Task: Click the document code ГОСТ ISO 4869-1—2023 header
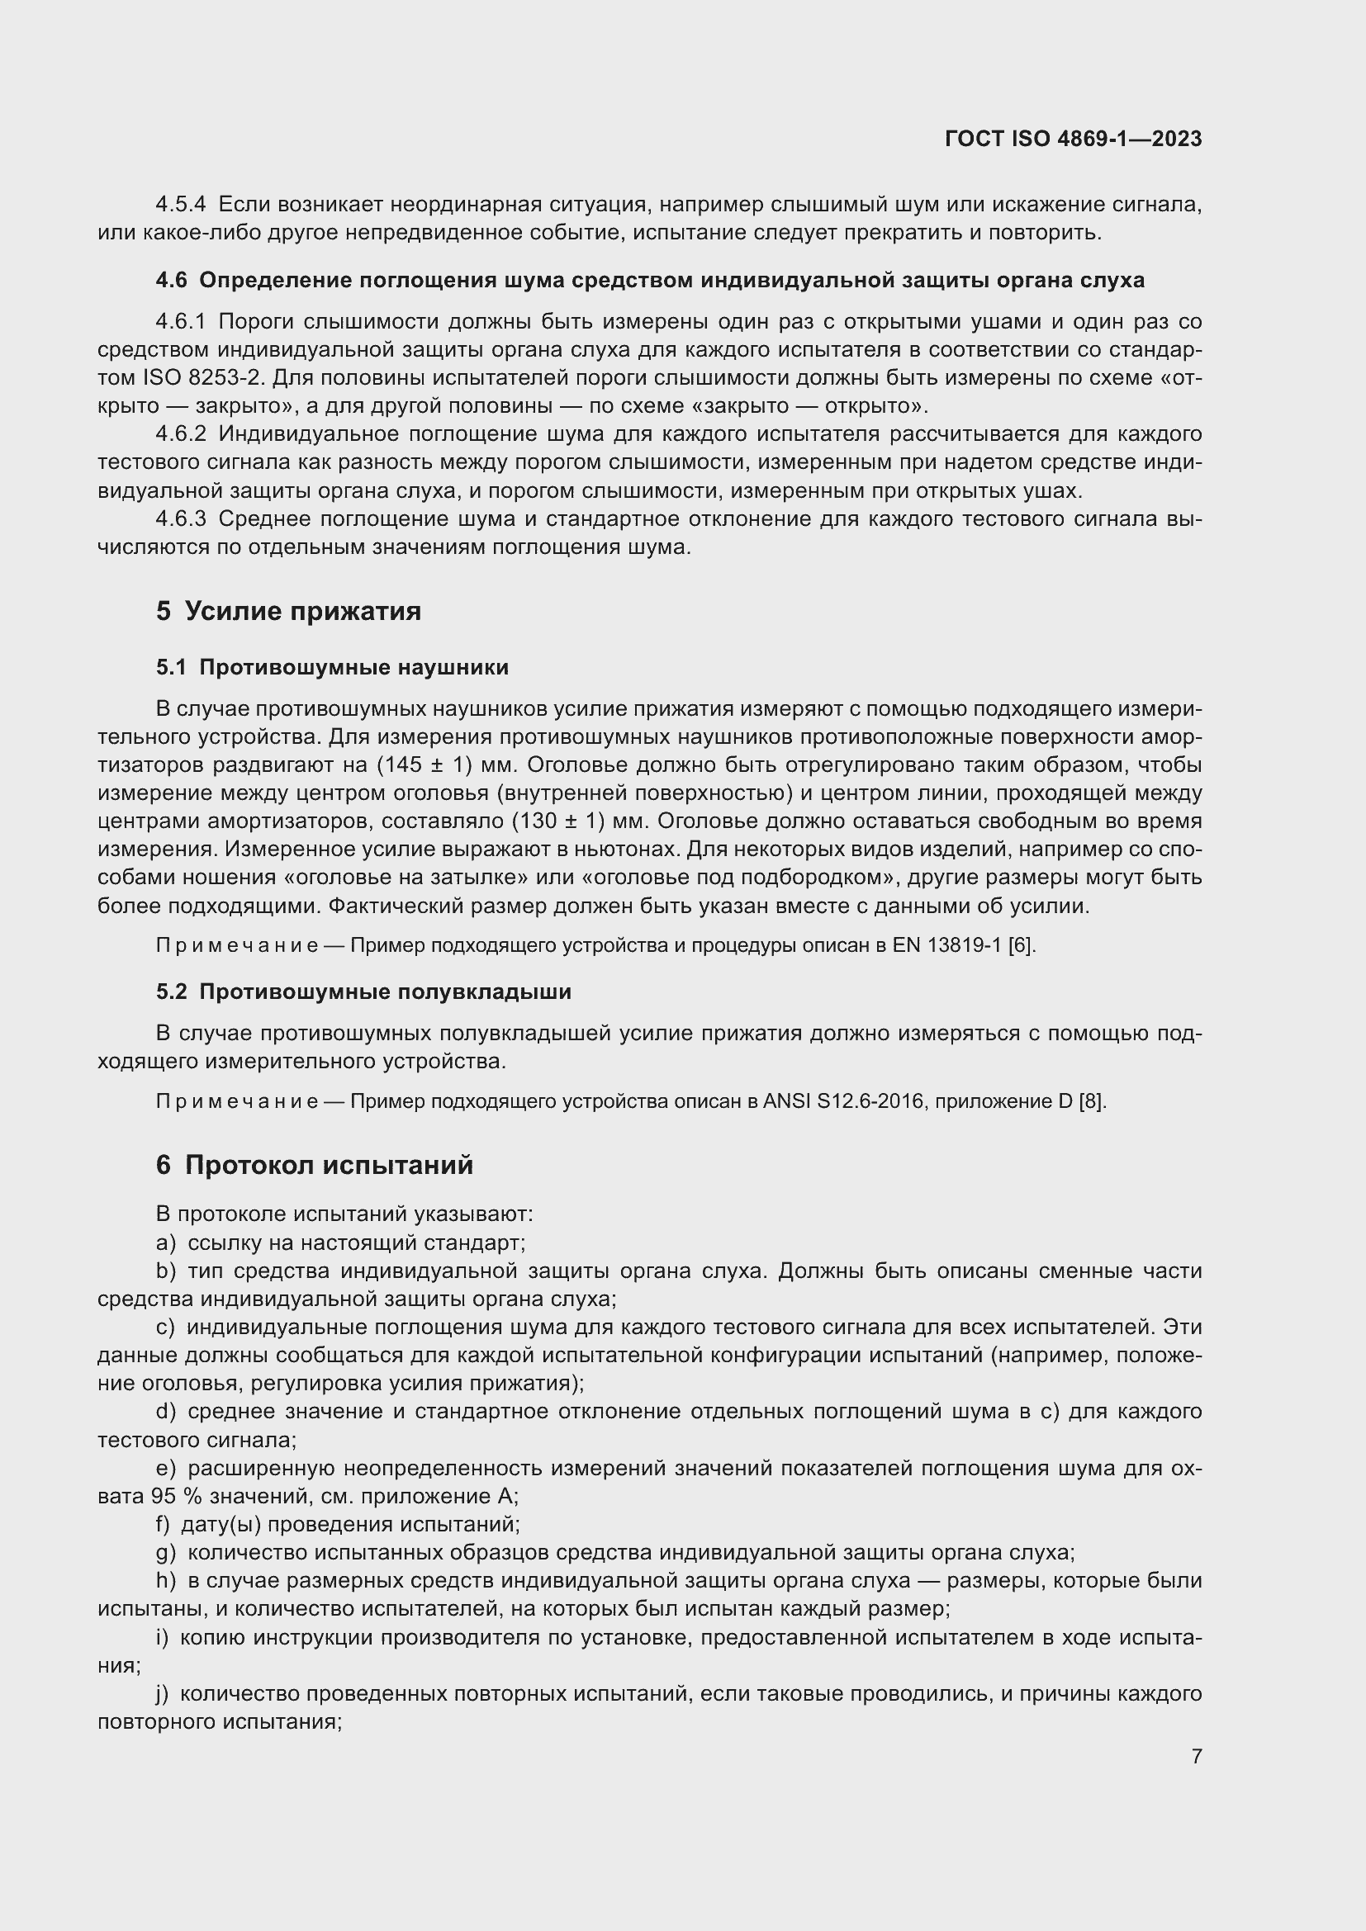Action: pos(1073,139)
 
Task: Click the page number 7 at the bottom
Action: pos(1196,1756)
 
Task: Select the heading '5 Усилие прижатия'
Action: pos(287,611)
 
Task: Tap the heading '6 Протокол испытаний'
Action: pos(314,1165)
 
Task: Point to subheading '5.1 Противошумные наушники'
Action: pos(331,668)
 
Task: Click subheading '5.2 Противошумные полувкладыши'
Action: pos(363,992)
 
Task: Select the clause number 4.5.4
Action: pos(180,205)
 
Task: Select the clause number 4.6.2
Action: pos(180,435)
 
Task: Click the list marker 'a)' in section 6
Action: pos(166,1243)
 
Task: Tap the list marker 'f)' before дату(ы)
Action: pos(164,1524)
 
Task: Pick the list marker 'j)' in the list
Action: pos(164,1693)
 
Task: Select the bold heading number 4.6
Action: pos(171,281)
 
